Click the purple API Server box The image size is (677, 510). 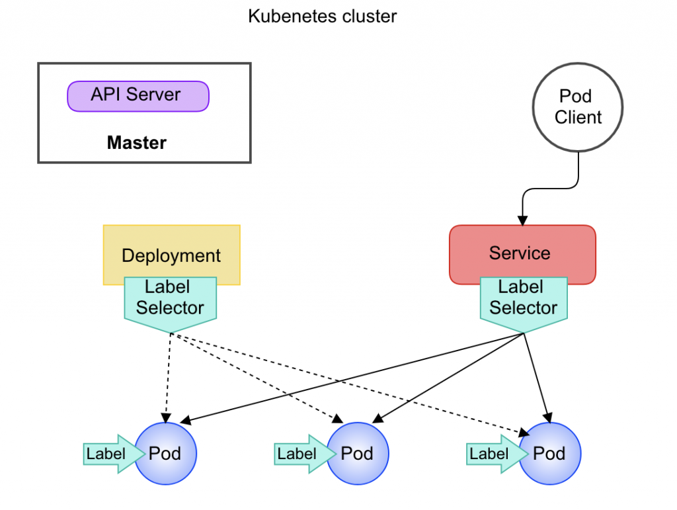[138, 96]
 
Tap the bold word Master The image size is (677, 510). [137, 142]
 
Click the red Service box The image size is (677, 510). [522, 255]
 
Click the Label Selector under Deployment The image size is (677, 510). [170, 302]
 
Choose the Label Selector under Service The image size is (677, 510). [523, 302]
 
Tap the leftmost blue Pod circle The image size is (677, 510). [166, 454]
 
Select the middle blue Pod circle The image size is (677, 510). [358, 454]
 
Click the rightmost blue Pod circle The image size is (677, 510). [550, 454]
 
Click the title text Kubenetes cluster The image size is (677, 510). [323, 17]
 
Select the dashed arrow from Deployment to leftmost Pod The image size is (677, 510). [167, 377]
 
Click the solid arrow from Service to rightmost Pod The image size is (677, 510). [536, 377]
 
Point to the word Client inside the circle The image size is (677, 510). [578, 118]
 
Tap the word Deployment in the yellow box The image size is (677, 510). [171, 255]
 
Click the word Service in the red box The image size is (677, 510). [520, 253]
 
